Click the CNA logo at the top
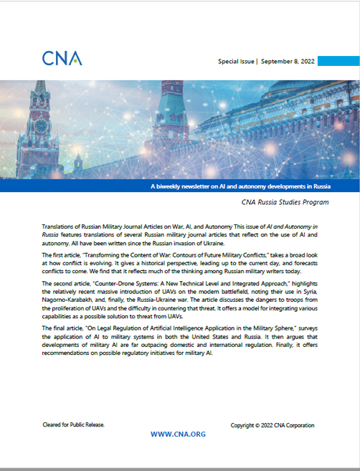pyautogui.click(x=62, y=57)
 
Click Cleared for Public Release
pyautogui.click(x=74, y=424)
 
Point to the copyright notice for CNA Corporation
pyautogui.click(x=272, y=425)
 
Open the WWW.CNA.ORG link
pyautogui.click(x=179, y=434)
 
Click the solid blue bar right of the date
pyautogui.click(x=338, y=62)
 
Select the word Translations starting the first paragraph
pyautogui.click(x=60, y=226)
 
